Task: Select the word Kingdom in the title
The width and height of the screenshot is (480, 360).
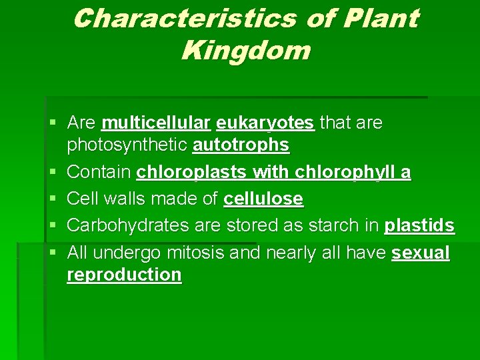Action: point(245,51)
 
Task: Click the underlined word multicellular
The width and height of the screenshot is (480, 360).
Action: point(156,123)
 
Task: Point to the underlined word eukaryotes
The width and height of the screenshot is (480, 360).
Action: point(265,123)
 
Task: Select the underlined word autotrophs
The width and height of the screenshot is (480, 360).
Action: point(241,145)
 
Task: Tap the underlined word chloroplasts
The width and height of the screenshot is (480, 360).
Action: point(192,173)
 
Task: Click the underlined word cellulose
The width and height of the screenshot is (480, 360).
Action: point(263,199)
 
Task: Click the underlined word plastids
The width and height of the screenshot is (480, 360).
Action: point(419,226)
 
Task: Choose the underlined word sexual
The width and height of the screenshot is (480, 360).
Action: point(421,253)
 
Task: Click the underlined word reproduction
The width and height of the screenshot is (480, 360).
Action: point(124,275)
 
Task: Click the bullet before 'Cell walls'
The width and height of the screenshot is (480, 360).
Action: point(53,199)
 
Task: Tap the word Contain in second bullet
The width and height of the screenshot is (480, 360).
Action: point(99,173)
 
